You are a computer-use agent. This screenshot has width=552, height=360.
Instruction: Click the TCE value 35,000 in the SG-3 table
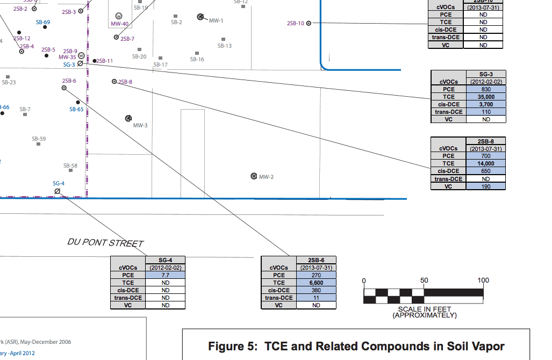[486, 97]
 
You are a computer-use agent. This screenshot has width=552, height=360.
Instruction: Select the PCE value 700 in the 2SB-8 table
[486, 156]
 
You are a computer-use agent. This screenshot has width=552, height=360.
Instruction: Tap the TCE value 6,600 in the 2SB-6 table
[316, 283]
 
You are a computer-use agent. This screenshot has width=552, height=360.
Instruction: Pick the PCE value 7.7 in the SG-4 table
[165, 275]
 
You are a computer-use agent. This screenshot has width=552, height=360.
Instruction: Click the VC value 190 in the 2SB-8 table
[486, 186]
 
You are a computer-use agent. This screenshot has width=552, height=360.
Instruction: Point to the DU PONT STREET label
[106, 243]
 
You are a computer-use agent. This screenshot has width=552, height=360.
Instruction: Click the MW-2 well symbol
[254, 176]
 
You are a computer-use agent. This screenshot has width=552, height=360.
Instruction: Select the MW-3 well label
[140, 125]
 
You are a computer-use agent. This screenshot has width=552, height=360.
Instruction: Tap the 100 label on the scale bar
[483, 280]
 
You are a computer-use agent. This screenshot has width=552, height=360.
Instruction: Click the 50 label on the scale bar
[424, 280]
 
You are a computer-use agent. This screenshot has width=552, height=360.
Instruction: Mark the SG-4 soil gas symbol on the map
[57, 191]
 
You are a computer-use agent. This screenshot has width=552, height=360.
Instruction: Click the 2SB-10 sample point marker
[309, 23]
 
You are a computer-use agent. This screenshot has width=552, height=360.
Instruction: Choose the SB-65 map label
[76, 109]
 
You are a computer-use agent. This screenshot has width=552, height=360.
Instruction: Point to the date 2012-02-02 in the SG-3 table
[486, 82]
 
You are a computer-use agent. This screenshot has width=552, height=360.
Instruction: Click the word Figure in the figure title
[227, 346]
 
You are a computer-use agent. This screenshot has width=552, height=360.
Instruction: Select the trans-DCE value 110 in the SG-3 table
[486, 112]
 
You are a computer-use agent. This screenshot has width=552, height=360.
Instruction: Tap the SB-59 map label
[39, 139]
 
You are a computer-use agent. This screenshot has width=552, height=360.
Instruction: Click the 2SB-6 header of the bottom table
[316, 260]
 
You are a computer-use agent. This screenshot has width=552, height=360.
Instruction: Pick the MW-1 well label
[216, 20]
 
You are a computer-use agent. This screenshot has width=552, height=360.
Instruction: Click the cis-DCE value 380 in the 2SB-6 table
[316, 290]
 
